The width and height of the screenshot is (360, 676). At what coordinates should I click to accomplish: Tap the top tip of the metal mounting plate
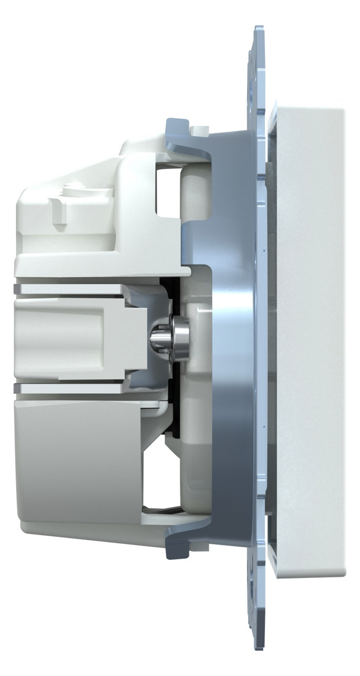(259, 28)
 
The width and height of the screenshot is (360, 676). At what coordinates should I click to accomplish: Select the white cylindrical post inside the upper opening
(189, 191)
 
